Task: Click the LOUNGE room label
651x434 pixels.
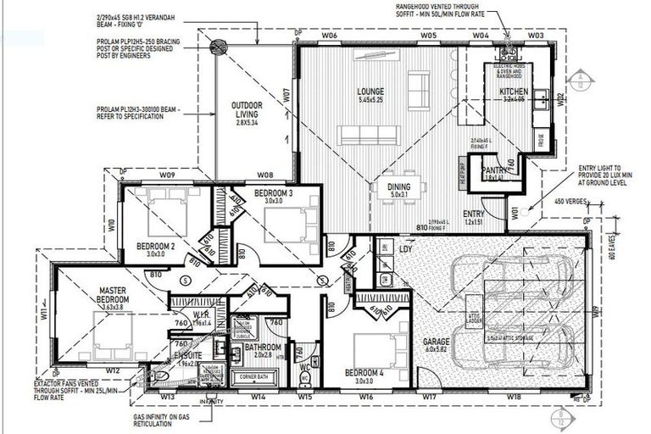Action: pos(370,92)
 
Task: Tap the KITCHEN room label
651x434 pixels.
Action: pos(513,91)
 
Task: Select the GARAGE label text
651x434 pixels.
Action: pos(437,342)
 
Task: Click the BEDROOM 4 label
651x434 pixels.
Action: pos(364,372)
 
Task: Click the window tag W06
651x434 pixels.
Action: pos(330,36)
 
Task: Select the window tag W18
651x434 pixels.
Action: pos(514,396)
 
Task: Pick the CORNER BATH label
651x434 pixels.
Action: pos(257,375)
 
